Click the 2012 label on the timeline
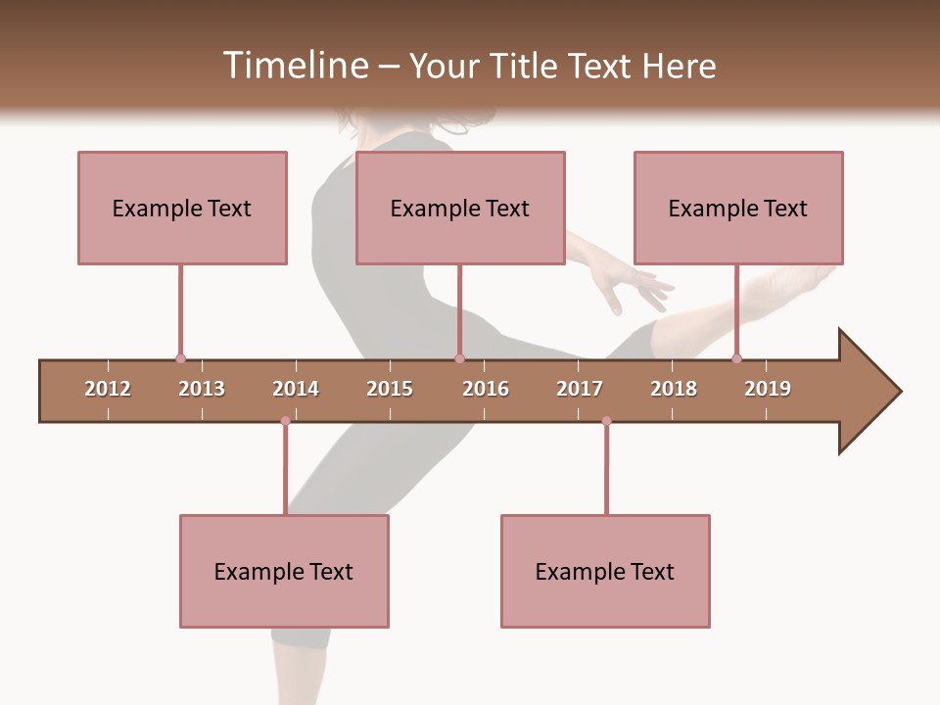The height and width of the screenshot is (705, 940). point(108,389)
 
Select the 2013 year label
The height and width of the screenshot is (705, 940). point(202,389)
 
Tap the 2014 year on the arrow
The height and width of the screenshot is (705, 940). point(296,389)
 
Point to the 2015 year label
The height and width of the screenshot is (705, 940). point(390,389)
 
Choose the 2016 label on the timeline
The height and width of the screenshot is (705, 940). point(486,389)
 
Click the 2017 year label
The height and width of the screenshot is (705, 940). point(580,389)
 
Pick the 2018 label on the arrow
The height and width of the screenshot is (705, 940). point(674,389)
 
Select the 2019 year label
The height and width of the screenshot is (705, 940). point(768,389)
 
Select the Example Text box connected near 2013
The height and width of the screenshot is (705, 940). point(182,208)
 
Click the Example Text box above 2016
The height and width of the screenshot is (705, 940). point(460,208)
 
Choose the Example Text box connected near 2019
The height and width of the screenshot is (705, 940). point(738,208)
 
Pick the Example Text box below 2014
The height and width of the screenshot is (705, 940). point(284,571)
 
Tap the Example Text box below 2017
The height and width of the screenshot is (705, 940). point(605,571)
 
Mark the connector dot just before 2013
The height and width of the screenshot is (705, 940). point(180,359)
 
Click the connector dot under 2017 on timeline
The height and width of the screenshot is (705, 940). point(606,421)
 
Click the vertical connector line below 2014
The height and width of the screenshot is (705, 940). point(285,470)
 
